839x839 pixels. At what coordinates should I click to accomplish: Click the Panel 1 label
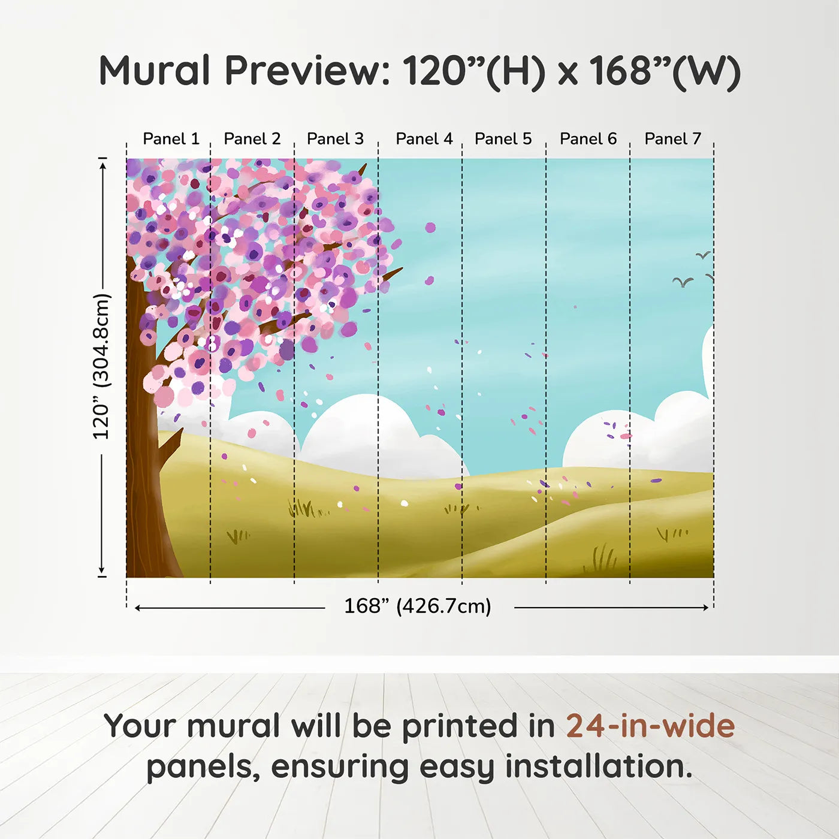[171, 139]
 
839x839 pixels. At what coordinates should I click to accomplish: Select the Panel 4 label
[424, 139]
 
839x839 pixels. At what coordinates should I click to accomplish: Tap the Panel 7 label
[672, 139]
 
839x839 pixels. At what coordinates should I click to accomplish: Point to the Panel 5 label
[503, 139]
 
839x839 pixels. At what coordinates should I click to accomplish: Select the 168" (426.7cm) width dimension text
[417, 606]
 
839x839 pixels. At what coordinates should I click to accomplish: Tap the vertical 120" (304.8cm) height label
[102, 367]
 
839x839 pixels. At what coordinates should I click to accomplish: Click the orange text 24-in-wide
[650, 726]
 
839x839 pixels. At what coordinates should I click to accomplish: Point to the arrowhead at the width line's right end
[705, 608]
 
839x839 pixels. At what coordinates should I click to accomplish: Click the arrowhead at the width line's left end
[138, 608]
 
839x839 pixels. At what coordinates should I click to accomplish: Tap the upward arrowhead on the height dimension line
[102, 164]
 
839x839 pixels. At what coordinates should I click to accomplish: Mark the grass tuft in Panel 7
[671, 533]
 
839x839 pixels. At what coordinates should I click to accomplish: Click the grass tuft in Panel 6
[600, 559]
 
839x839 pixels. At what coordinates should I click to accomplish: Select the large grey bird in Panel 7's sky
[683, 281]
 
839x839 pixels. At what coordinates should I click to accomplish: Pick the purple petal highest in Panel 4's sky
[430, 227]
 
